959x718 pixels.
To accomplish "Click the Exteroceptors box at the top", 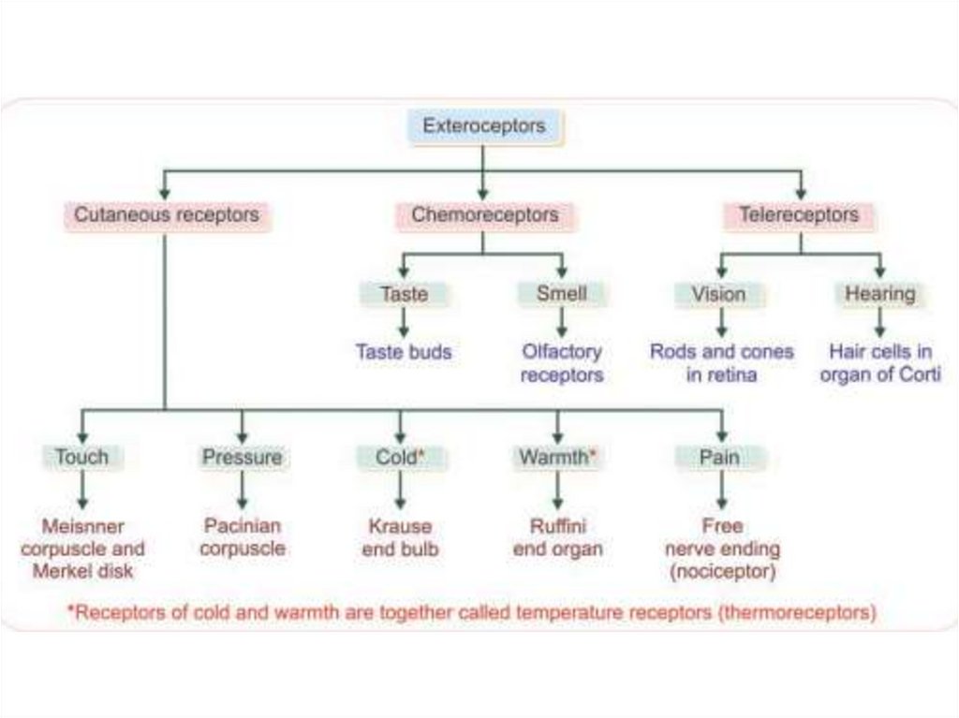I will (483, 126).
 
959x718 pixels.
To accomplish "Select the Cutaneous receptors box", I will (167, 215).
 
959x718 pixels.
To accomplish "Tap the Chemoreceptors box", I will (484, 215).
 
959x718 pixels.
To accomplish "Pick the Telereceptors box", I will (799, 215).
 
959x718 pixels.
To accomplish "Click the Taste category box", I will (404, 294).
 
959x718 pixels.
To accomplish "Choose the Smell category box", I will (561, 294).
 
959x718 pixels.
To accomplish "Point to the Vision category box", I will (719, 294).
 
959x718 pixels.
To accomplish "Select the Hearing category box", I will (879, 294).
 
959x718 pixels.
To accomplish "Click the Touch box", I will (81, 458).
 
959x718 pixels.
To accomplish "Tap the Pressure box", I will (242, 458).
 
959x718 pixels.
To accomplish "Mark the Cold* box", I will (400, 458).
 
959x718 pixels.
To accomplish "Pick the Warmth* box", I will (557, 458).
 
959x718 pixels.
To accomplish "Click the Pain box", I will (719, 458).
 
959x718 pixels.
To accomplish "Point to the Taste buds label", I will (404, 352).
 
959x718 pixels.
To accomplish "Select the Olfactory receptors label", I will (561, 363).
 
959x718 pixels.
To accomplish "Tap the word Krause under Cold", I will (400, 526).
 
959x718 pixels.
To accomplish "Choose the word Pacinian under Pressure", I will (242, 526).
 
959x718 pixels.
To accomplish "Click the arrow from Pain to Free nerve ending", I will (720, 490).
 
